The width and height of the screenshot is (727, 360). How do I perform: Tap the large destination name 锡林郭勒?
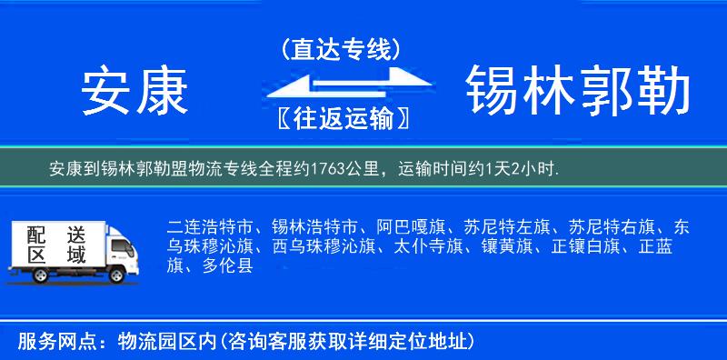tap(578, 91)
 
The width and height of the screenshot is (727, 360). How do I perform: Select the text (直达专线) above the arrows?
tap(341, 49)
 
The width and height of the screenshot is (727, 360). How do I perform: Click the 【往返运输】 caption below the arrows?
tap(340, 118)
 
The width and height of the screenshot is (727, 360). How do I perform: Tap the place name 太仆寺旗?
tap(426, 246)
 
